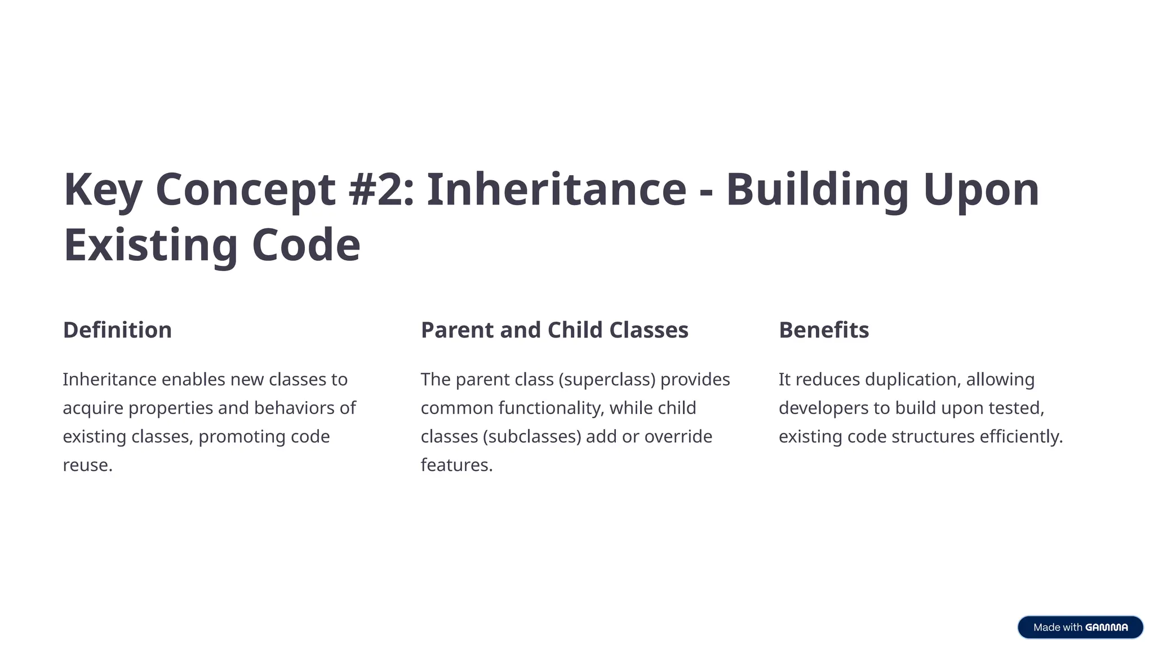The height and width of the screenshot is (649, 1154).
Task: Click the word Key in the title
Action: point(103,190)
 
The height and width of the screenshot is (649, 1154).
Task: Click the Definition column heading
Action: point(117,330)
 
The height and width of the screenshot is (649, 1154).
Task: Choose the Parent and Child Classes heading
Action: point(554,330)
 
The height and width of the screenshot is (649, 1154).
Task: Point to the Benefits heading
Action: point(824,330)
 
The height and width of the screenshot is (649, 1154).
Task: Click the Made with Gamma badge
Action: point(1080,627)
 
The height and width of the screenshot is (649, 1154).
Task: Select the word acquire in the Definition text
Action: point(93,408)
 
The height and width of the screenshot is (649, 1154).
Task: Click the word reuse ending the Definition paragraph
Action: point(87,465)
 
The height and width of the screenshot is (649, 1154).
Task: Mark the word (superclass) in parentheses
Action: point(607,380)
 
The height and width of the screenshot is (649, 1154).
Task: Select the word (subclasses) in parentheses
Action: point(531,437)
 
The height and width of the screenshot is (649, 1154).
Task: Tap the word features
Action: point(456,465)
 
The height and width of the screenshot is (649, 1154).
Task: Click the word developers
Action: point(823,408)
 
